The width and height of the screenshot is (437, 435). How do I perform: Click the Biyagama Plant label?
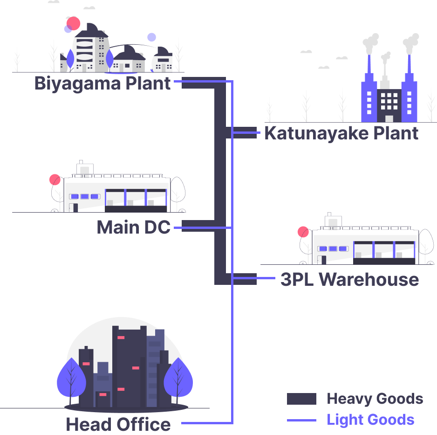click(x=102, y=84)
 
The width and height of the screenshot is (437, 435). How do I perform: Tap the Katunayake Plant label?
click(x=341, y=133)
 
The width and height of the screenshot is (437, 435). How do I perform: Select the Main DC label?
click(x=133, y=228)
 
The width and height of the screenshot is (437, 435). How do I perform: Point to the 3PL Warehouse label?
click(x=349, y=279)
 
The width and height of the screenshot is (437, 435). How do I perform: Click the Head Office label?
click(x=118, y=424)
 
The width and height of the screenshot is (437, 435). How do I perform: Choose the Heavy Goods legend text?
click(x=375, y=399)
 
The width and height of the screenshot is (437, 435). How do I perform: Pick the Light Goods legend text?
click(x=370, y=420)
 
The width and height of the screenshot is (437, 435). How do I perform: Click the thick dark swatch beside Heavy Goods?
click(x=301, y=399)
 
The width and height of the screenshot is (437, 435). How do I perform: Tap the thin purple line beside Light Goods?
click(x=301, y=420)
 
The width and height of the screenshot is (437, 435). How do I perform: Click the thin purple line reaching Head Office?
click(x=205, y=423)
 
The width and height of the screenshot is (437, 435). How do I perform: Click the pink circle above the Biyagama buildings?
click(x=74, y=23)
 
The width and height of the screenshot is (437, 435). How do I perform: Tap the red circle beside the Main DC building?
click(x=55, y=180)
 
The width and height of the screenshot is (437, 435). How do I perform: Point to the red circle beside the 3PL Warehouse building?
click(x=303, y=232)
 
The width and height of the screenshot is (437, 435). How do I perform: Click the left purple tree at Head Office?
click(x=70, y=378)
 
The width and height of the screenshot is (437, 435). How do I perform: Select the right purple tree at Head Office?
click(x=178, y=378)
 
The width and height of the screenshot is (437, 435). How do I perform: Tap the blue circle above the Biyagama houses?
click(x=151, y=37)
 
